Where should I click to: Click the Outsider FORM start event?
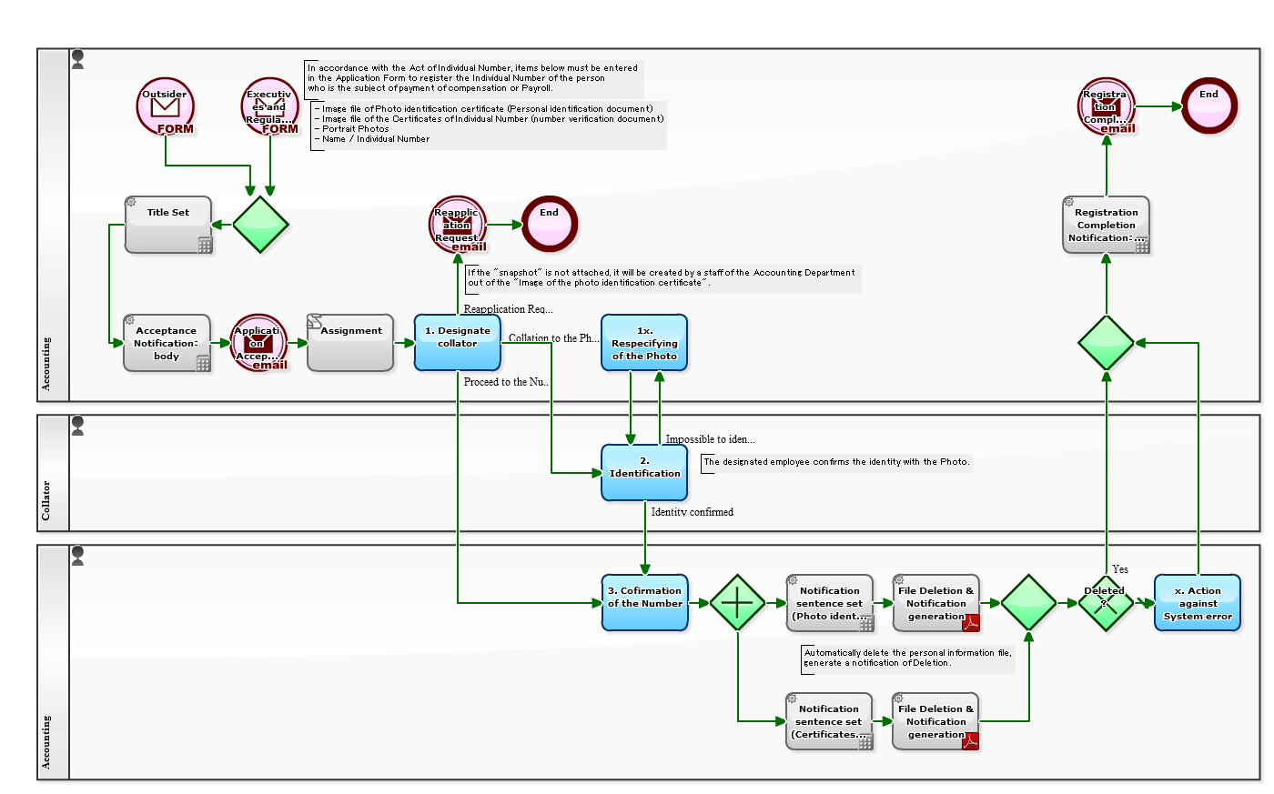click(x=166, y=106)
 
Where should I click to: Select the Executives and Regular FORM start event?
click(x=270, y=106)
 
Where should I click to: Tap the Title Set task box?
click(x=168, y=225)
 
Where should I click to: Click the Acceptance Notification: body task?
click(x=167, y=343)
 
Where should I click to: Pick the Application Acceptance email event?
click(x=259, y=343)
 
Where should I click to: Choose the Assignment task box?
click(x=350, y=343)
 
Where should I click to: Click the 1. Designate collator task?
click(x=457, y=343)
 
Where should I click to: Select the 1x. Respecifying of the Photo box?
click(x=644, y=343)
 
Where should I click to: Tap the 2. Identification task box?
click(x=644, y=472)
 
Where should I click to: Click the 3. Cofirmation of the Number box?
click(x=644, y=602)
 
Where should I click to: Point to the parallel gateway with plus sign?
click(x=737, y=602)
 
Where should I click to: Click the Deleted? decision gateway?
click(x=1106, y=602)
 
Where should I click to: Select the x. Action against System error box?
click(x=1198, y=602)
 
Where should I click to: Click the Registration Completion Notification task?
click(x=1106, y=225)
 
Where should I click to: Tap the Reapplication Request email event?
click(x=458, y=225)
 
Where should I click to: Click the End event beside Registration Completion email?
click(x=1209, y=106)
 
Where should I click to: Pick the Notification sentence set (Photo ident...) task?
click(x=830, y=602)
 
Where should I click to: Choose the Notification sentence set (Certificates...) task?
click(x=830, y=721)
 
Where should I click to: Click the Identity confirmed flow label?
click(x=692, y=512)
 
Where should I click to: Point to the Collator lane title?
click(x=46, y=501)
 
